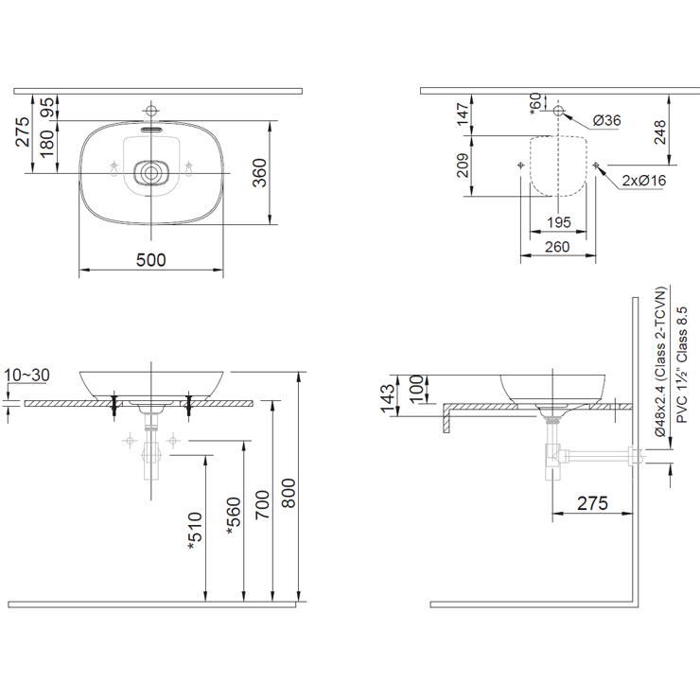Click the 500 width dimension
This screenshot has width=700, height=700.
point(151,260)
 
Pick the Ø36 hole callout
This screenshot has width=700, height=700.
point(606,120)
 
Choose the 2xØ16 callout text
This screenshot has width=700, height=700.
point(644,181)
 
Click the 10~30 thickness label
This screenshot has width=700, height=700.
point(26,376)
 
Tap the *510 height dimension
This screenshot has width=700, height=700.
point(195,531)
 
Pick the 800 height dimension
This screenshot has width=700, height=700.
point(289,493)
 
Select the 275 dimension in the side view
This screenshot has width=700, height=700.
point(593,503)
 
